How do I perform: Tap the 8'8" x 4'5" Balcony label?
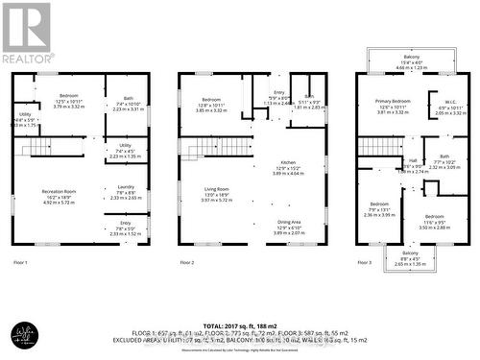tap(408, 255)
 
